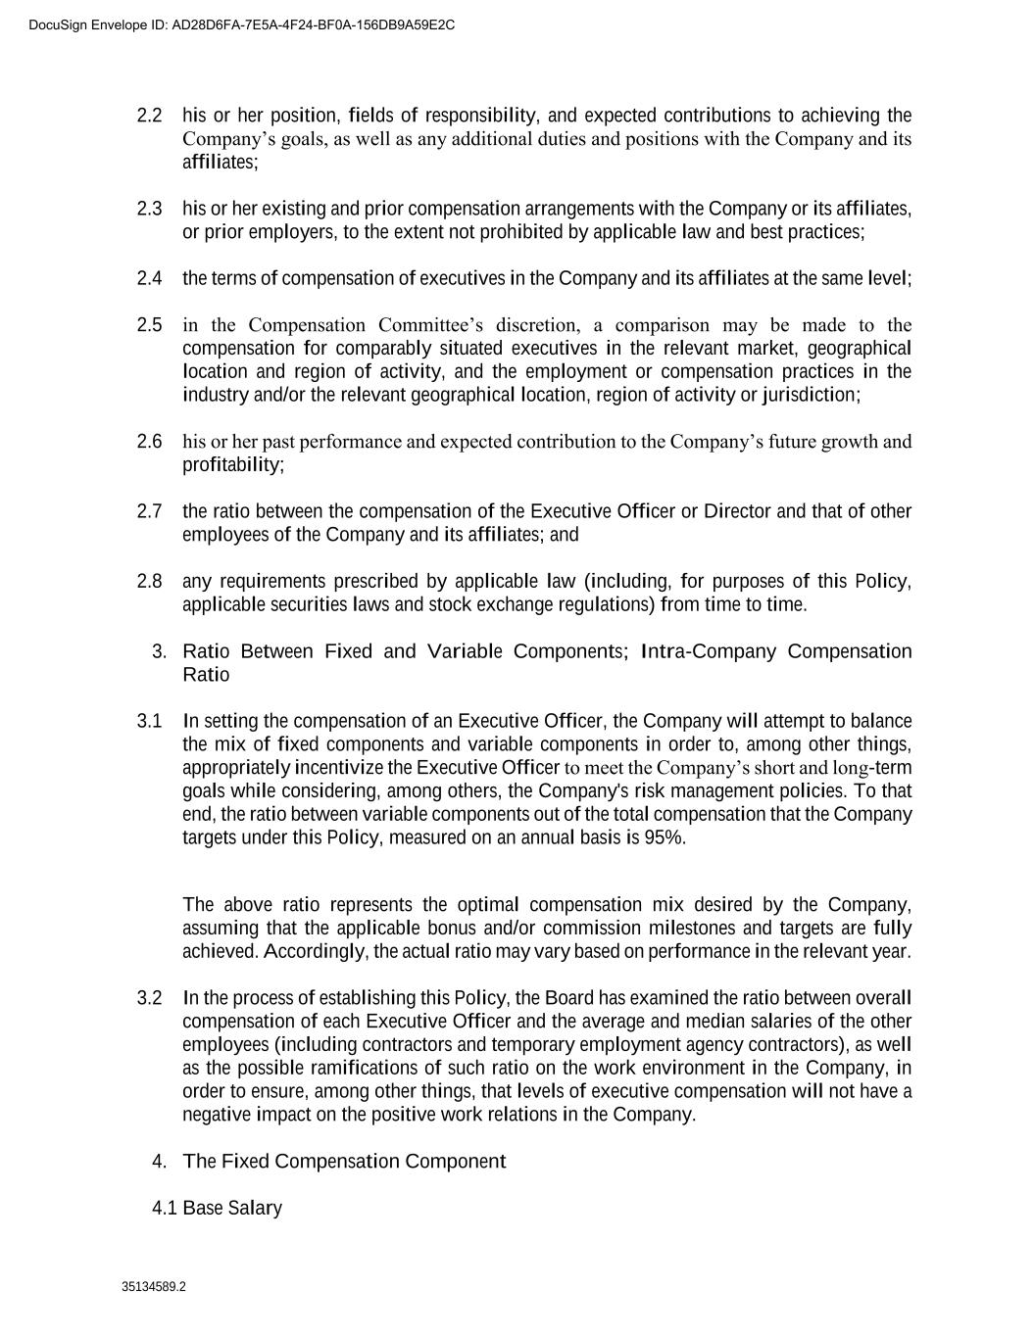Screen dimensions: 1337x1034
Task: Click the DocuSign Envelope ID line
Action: click(x=242, y=24)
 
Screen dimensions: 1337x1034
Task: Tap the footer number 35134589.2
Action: click(x=154, y=1287)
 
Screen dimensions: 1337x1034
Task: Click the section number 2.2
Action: click(x=149, y=116)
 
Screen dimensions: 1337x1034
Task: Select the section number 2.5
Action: click(x=149, y=325)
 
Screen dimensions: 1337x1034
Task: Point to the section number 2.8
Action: click(x=149, y=582)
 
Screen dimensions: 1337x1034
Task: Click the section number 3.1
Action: click(x=149, y=722)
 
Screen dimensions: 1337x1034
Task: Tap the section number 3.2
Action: click(x=149, y=998)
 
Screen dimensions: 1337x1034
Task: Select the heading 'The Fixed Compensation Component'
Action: click(x=344, y=1162)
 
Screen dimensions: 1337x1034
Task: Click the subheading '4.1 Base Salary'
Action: click(x=217, y=1208)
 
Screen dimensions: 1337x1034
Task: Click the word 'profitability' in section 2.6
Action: click(x=232, y=465)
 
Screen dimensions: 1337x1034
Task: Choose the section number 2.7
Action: click(x=149, y=511)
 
